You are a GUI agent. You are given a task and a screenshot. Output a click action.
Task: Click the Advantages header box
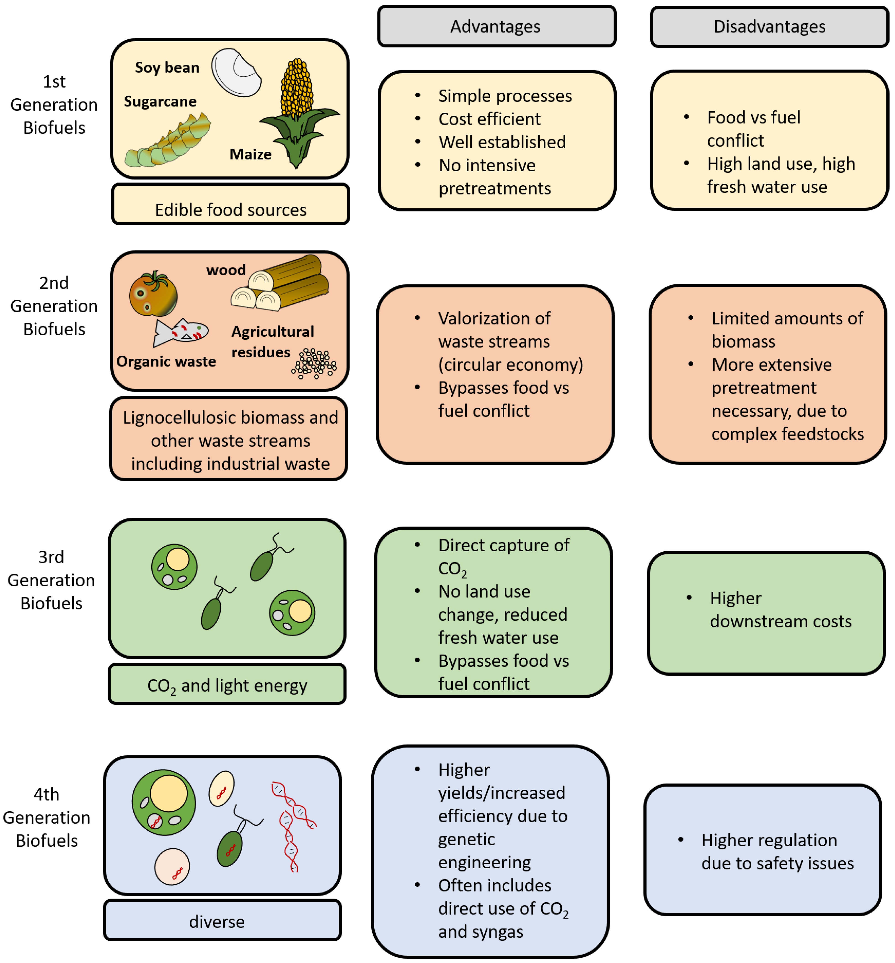pyautogui.click(x=496, y=26)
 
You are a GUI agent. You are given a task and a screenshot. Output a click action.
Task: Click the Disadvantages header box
pyautogui.click(x=769, y=27)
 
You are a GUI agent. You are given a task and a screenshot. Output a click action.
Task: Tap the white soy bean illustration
pyautogui.click(x=236, y=72)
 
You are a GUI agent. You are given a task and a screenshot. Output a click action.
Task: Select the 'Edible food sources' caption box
pyautogui.click(x=230, y=204)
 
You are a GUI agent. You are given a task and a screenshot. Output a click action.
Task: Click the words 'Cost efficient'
pyautogui.click(x=489, y=119)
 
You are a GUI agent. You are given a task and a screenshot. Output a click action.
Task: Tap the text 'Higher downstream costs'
pyautogui.click(x=780, y=609)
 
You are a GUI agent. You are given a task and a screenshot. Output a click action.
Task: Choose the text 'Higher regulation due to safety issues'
pyautogui.click(x=777, y=852)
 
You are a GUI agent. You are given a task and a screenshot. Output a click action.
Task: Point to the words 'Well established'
pyautogui.click(x=502, y=142)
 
